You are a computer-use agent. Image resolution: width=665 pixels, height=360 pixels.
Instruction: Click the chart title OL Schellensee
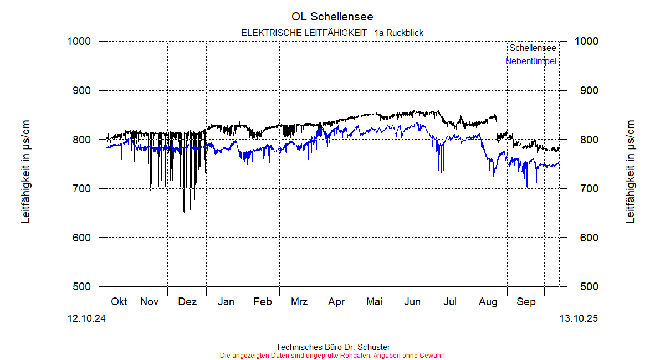click(x=332, y=17)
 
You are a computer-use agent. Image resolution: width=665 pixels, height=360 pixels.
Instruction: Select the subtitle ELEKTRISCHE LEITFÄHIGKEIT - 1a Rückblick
click(x=332, y=33)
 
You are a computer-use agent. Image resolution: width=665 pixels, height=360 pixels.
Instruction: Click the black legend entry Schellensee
click(x=533, y=48)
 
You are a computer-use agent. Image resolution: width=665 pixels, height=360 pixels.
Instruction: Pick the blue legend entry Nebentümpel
click(x=530, y=61)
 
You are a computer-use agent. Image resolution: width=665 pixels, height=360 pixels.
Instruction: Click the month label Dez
click(x=187, y=302)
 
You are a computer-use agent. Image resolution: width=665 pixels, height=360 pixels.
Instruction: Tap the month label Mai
click(x=375, y=302)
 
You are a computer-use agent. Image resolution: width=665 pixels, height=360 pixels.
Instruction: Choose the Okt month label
click(x=119, y=302)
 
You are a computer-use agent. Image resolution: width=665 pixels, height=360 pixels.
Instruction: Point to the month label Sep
click(x=526, y=302)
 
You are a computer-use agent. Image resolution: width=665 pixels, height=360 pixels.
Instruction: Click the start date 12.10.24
click(x=87, y=318)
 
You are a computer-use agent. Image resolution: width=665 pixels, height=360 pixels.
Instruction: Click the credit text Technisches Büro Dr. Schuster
click(x=332, y=347)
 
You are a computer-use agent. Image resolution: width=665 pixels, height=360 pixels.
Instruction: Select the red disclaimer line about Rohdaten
click(x=332, y=355)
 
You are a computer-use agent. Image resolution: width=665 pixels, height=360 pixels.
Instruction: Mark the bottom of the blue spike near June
click(x=394, y=212)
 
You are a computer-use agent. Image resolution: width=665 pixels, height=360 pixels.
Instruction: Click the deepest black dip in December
click(x=184, y=212)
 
